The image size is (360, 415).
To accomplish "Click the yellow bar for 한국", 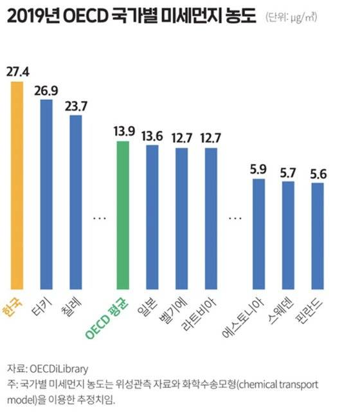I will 16,186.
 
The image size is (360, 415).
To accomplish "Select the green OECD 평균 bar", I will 122,215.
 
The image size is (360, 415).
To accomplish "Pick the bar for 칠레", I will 76,202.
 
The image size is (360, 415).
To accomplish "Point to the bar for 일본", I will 152,217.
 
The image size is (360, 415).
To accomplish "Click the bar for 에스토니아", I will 259,234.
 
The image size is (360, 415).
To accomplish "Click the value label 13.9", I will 122,132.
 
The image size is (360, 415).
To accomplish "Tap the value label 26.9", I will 46,89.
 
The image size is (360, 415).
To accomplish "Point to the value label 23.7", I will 76,106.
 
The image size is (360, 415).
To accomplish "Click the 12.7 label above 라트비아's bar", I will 210,138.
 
